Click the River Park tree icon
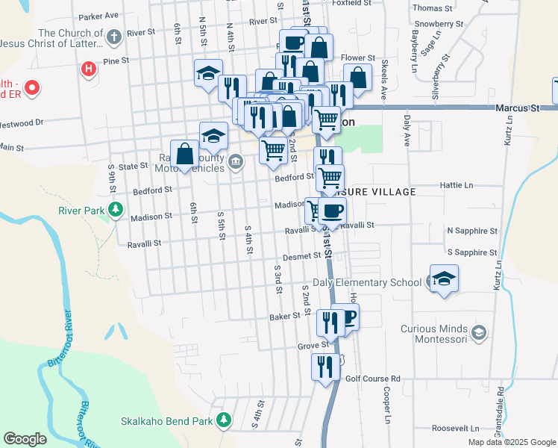(x=115, y=210)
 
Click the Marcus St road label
(x=518, y=108)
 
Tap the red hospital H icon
(x=89, y=70)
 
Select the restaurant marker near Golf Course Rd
(x=325, y=367)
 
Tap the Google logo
(x=25, y=439)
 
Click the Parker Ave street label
(x=98, y=15)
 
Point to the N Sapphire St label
(x=472, y=231)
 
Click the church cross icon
(x=113, y=37)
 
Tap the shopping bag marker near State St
(x=184, y=154)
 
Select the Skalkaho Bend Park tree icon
(x=223, y=421)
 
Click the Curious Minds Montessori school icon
(x=479, y=330)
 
